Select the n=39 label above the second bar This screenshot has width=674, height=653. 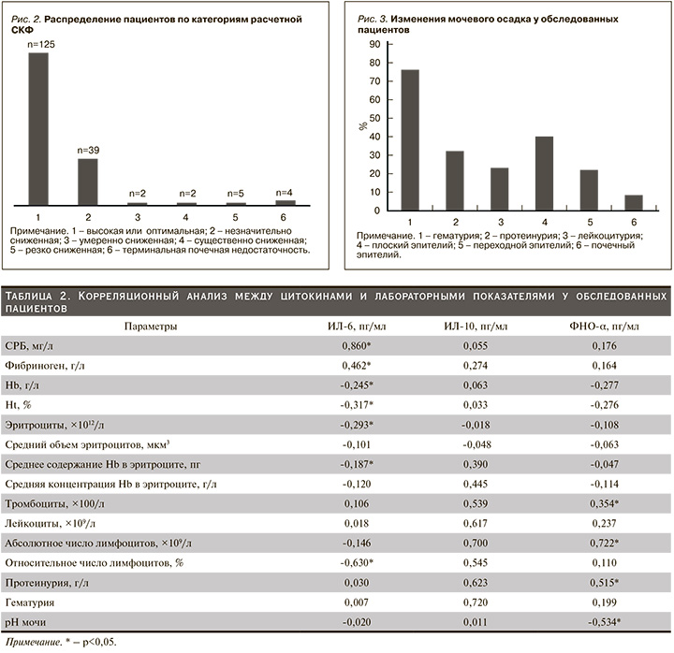coord(87,150)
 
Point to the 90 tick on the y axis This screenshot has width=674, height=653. coord(374,44)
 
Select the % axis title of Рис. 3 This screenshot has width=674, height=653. coord(364,125)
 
